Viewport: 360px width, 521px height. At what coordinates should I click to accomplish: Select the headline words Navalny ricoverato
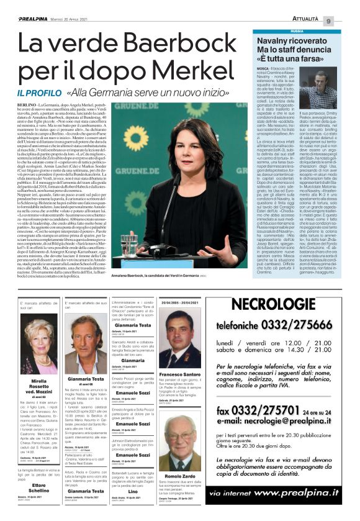point(292,40)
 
